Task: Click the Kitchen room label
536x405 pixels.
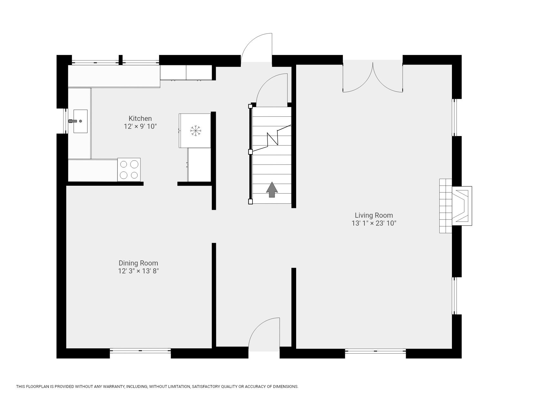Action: click(x=140, y=119)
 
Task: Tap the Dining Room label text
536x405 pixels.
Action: click(x=138, y=263)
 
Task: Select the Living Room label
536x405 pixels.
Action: click(x=374, y=215)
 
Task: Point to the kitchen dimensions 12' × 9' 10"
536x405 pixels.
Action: click(x=140, y=127)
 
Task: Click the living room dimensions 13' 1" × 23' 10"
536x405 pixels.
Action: click(x=374, y=223)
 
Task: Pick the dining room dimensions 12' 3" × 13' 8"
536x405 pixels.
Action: click(x=138, y=271)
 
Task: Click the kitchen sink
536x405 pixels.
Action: click(x=80, y=121)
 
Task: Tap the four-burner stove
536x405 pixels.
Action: click(x=129, y=170)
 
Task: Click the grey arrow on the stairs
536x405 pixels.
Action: click(x=272, y=190)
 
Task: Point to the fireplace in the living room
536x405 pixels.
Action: click(x=455, y=206)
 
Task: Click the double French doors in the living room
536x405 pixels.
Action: click(x=373, y=77)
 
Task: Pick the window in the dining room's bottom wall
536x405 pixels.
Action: click(x=140, y=350)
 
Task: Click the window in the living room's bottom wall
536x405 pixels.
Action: click(x=375, y=350)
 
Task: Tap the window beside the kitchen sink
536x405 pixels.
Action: click(x=66, y=121)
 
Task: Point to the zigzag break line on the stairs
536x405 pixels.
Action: click(x=272, y=138)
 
